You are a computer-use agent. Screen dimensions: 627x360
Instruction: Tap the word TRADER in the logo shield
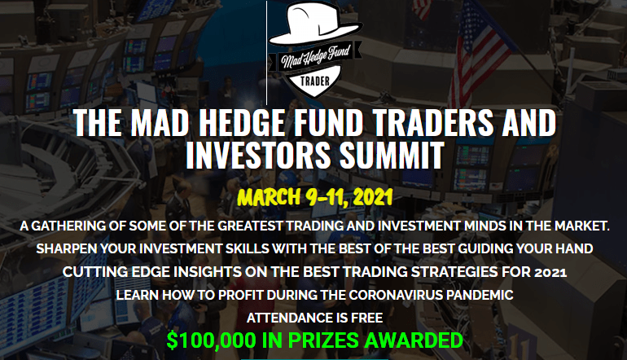[x=315, y=81]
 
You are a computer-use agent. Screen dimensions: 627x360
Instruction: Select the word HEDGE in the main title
[x=242, y=123]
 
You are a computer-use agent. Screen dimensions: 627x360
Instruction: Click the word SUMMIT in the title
[x=392, y=156]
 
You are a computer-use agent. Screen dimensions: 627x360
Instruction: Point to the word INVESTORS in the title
[x=258, y=156]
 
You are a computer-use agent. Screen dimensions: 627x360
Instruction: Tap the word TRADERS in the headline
[x=433, y=123]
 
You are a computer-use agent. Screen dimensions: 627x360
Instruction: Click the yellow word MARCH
[x=269, y=197]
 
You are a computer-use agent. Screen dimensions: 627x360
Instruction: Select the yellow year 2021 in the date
[x=373, y=197]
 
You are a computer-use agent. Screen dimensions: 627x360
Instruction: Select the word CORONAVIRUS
[x=396, y=295]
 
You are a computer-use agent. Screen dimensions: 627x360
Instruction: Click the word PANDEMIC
[x=480, y=295]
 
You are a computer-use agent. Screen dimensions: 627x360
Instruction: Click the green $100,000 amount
[x=211, y=340]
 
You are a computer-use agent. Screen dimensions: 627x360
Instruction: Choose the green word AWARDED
[x=414, y=340]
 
